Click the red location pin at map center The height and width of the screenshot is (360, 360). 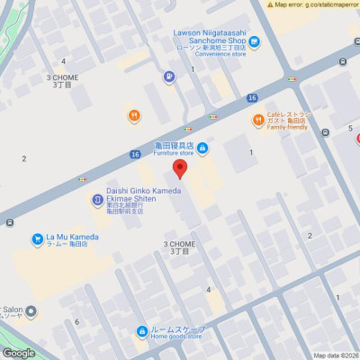[x=180, y=168]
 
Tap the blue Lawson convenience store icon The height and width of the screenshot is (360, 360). [x=255, y=40]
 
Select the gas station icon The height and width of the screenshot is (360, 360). [x=168, y=77]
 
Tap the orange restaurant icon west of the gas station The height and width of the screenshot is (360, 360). [x=133, y=114]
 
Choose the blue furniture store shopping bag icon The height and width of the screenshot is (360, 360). [x=203, y=148]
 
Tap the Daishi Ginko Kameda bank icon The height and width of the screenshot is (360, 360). [x=96, y=200]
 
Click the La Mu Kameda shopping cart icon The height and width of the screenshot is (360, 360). [x=37, y=239]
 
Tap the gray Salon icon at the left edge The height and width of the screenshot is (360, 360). [x=31, y=312]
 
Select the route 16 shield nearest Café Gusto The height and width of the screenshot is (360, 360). [x=252, y=97]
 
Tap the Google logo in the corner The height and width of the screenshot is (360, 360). [x=18, y=353]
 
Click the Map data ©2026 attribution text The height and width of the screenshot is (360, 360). [x=335, y=355]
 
